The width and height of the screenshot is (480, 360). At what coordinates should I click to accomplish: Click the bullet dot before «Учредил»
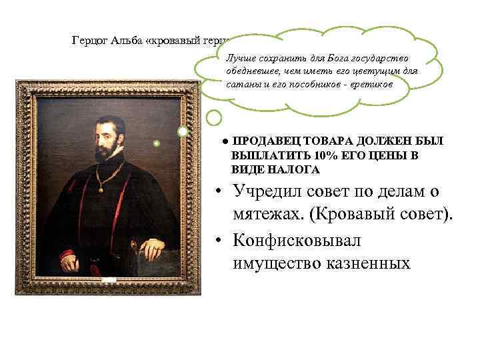[217, 193]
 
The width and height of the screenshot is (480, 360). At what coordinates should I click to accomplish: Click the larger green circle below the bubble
[213, 118]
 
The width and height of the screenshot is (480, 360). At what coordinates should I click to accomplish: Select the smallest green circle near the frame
[157, 143]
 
